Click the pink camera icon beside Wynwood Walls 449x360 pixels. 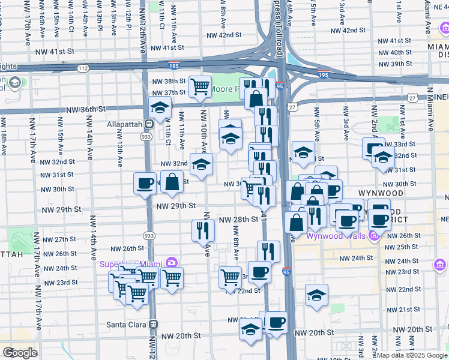[x=375, y=236]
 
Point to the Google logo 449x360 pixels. [x=20, y=352]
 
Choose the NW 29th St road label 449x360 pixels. [x=176, y=206]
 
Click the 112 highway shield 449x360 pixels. [x=83, y=69]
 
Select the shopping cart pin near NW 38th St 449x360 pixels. [x=200, y=86]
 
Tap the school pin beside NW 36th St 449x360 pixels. [x=160, y=108]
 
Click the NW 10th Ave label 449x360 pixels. [x=204, y=130]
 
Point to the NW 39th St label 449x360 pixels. [x=393, y=64]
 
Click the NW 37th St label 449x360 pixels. [x=169, y=92]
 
